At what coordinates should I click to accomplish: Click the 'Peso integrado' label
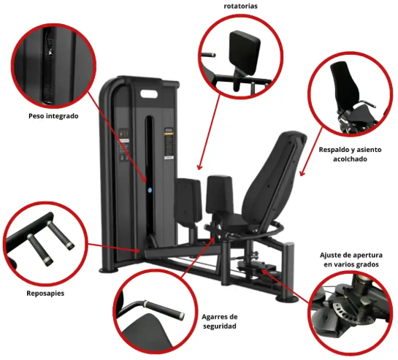(53, 116)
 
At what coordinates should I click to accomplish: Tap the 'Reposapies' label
(45, 294)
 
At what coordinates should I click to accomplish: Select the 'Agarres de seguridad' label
(220, 321)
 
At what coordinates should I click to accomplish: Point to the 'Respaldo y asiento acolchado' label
(350, 154)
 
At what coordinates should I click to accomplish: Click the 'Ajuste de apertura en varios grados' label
(351, 260)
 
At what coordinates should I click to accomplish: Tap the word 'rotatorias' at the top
(240, 6)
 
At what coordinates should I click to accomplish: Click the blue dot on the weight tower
(150, 190)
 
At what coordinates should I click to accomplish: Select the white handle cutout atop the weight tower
(149, 94)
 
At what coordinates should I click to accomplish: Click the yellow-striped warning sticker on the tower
(169, 143)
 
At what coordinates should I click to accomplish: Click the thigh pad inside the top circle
(245, 53)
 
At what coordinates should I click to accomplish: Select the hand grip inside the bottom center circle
(164, 308)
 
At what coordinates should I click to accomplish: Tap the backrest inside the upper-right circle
(345, 84)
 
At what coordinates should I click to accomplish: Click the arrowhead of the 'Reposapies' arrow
(137, 251)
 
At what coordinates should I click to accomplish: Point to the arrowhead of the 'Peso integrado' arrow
(145, 179)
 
